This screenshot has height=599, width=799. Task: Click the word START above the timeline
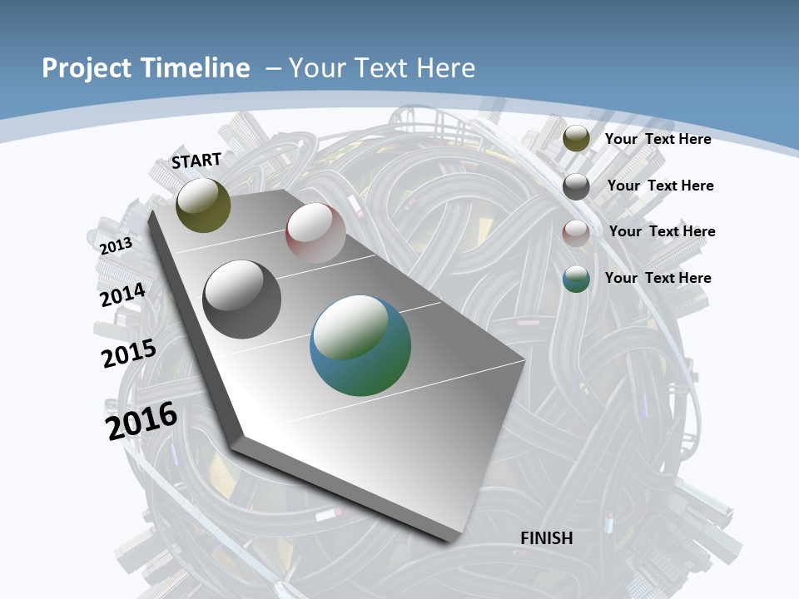point(196,161)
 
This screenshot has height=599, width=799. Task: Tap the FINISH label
point(547,538)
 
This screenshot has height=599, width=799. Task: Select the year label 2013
point(116,245)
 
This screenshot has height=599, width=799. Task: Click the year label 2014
point(122,295)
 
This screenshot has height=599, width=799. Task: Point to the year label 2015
point(129,353)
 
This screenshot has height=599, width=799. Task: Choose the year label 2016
point(141,421)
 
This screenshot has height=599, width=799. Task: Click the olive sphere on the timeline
point(203,205)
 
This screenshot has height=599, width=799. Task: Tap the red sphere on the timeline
point(315,233)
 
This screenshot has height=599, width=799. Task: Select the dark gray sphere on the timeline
point(242,299)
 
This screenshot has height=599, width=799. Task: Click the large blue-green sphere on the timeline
point(360,345)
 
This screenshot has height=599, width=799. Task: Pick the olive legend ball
point(576,139)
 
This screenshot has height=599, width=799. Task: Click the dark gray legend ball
point(576,186)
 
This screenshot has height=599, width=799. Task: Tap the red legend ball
point(576,232)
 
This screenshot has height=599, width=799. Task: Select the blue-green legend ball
point(576,279)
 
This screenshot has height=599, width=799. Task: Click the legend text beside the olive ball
point(658,139)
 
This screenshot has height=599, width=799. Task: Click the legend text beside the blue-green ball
point(658,278)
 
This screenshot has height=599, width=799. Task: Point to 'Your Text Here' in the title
point(382,68)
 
